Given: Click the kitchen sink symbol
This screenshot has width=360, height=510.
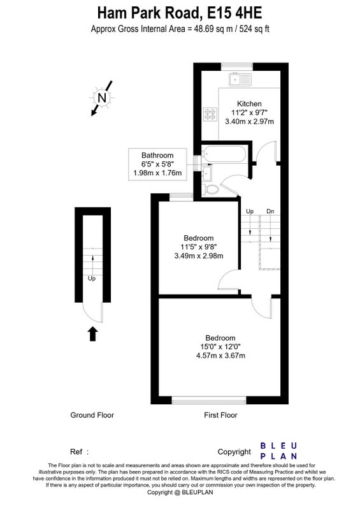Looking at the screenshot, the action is tap(240, 79).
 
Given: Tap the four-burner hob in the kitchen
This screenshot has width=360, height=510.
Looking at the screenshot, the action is tap(210, 114).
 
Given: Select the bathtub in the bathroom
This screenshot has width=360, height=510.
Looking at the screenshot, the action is tap(224, 154).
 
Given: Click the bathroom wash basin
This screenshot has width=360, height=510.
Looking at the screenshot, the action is tap(207, 173).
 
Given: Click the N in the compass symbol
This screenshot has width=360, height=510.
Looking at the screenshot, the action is tap(102, 98).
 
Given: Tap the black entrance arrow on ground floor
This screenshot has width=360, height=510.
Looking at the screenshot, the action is tap(93, 333).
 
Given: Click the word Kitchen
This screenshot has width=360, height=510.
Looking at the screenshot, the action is tap(249, 104).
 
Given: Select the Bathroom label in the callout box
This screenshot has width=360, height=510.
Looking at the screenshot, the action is tap(157, 155).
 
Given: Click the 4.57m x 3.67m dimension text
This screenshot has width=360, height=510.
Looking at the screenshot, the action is tap(220, 356).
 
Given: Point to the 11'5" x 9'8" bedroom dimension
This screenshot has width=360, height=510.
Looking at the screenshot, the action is tap(199, 247).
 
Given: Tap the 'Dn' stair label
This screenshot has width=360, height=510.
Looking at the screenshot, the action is tap(270, 212).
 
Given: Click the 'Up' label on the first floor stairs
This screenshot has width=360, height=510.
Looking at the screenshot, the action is tap(250, 212).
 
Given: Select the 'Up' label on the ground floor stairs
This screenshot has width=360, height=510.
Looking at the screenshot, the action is tap(92, 279).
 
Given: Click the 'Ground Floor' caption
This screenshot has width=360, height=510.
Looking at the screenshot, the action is tap(92, 415).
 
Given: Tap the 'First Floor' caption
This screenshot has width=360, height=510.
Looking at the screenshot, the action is tap(220, 415).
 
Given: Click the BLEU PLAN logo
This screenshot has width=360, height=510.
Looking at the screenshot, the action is tap(278, 451).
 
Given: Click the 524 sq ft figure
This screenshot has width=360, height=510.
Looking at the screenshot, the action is tap(254, 29).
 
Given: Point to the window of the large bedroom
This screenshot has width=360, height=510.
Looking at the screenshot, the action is tap(209, 400).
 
